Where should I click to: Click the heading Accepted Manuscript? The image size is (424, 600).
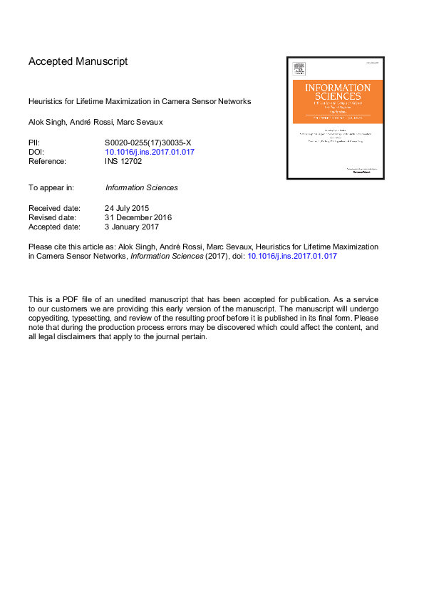[x=78, y=61]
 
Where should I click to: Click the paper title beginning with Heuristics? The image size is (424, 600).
[x=140, y=102]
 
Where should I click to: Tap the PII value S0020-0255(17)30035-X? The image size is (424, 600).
[x=148, y=143]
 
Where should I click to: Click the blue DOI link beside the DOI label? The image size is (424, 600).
[x=150, y=152]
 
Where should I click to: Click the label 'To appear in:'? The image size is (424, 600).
[x=52, y=187]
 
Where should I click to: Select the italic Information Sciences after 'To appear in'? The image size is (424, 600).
[x=141, y=187]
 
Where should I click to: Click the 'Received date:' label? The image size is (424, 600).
[x=54, y=208]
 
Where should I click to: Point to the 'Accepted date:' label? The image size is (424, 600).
[x=55, y=227]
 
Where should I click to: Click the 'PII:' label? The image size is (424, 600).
[x=34, y=143]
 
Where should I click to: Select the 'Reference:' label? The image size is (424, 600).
[x=47, y=161]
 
